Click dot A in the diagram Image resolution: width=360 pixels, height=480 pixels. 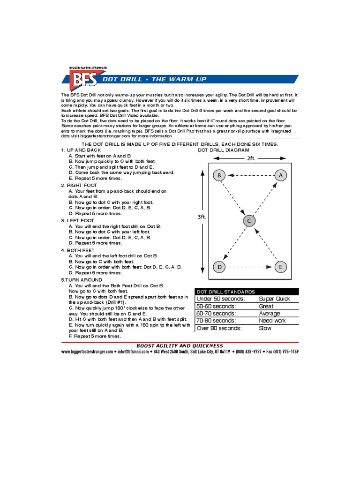280,175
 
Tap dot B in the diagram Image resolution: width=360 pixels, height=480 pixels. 219,175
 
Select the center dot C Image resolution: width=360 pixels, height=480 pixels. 249,221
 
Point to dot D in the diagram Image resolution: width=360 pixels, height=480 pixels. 219,267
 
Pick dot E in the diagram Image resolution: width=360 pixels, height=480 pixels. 280,267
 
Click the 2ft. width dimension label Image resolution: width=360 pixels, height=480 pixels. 251,158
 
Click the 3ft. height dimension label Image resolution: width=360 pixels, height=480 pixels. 202,217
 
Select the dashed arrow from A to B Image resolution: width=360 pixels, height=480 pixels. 250,175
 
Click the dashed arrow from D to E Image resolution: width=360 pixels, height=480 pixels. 250,267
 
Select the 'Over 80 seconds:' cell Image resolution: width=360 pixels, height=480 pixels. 219,328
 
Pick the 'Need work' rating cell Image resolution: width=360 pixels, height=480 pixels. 272,321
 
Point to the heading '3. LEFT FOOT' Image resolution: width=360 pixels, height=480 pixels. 77,220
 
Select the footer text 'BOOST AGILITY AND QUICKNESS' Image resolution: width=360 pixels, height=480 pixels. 180,345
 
